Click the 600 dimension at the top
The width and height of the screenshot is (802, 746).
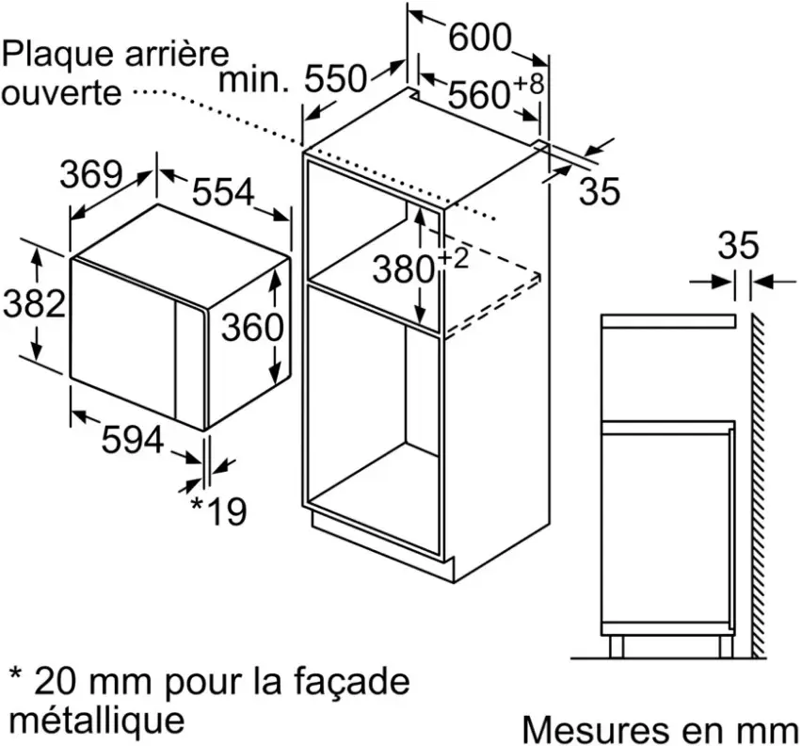(480, 37)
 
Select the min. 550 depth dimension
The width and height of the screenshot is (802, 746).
(293, 79)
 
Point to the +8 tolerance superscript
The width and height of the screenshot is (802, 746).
(528, 84)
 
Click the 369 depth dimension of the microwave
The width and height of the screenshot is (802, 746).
(91, 174)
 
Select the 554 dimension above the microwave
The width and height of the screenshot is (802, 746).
(223, 192)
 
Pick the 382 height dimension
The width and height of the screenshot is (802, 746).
(34, 303)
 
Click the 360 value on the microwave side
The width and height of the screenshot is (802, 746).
(252, 328)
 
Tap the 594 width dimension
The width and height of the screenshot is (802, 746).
(133, 439)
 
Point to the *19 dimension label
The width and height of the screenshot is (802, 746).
(218, 511)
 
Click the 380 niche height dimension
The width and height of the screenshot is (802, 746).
(404, 269)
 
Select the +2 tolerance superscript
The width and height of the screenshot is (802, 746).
(453, 258)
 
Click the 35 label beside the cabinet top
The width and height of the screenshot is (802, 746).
(599, 191)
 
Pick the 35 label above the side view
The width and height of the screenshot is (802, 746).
(738, 245)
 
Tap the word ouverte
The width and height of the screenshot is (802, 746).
(61, 92)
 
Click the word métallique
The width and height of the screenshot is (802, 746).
(97, 721)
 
